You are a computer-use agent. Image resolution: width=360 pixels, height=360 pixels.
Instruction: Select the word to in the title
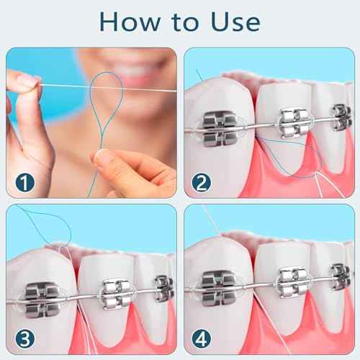tap(181, 22)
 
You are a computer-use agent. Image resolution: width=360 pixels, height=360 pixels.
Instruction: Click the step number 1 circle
tap(24, 182)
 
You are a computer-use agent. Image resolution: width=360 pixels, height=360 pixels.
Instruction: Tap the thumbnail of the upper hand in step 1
tap(27, 81)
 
